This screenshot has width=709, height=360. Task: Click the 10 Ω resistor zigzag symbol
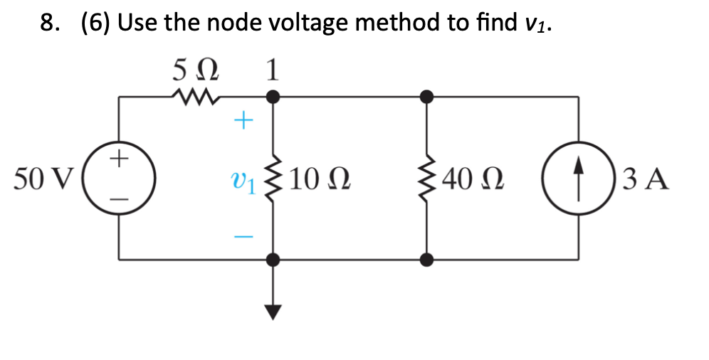click(273, 178)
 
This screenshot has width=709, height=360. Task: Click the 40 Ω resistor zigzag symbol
click(426, 178)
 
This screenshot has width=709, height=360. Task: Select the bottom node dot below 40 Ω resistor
click(426, 260)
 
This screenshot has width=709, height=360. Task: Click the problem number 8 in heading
click(48, 23)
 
